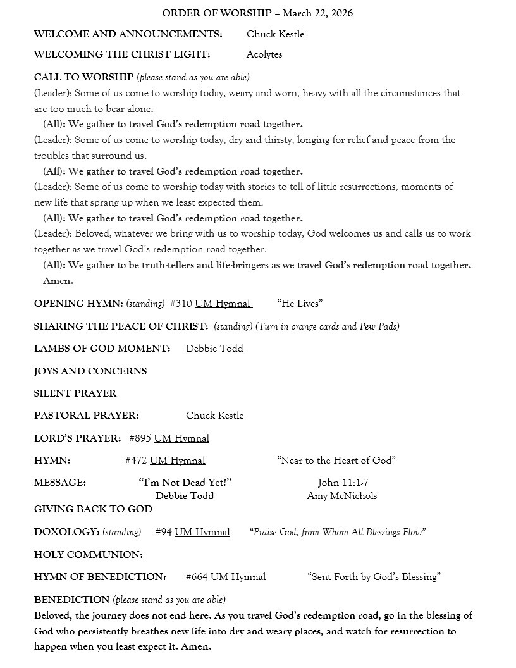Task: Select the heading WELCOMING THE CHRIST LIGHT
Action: (x=122, y=54)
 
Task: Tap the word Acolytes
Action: (x=264, y=54)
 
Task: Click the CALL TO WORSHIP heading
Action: (x=83, y=77)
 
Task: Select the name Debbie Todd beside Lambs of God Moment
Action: (x=214, y=349)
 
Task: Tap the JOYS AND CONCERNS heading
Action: (x=90, y=371)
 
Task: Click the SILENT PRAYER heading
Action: (x=75, y=393)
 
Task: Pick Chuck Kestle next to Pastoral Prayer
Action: (x=214, y=416)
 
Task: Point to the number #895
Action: (x=140, y=438)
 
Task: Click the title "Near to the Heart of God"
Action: (x=336, y=461)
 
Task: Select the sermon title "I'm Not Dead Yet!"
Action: (x=185, y=483)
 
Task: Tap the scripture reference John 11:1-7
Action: (x=343, y=483)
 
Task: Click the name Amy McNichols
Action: (x=341, y=496)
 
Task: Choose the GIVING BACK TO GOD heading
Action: (x=93, y=509)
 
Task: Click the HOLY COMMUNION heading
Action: (x=89, y=555)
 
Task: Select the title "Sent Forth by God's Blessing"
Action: (x=374, y=577)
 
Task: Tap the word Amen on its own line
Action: (x=58, y=281)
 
